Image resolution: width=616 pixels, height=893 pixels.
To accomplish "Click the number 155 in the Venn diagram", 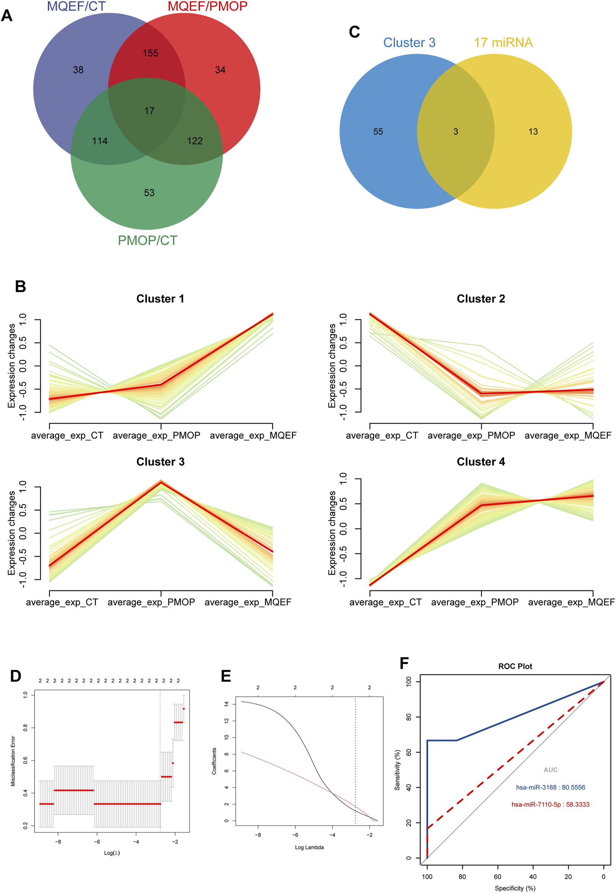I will [x=150, y=53].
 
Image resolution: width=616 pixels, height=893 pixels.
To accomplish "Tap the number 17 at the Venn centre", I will [x=149, y=111].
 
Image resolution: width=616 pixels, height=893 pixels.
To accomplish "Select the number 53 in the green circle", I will [x=149, y=193].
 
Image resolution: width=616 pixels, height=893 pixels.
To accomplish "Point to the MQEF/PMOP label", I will [x=207, y=6].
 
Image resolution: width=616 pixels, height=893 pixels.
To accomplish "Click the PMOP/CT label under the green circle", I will [x=148, y=241].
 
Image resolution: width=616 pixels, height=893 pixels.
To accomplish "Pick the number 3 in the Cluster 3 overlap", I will [x=456, y=132].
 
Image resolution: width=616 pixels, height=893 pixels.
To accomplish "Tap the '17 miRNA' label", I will [x=503, y=43].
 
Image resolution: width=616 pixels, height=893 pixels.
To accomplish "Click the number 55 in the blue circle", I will [x=378, y=132].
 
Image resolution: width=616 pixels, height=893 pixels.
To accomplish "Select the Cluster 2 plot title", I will [x=481, y=299].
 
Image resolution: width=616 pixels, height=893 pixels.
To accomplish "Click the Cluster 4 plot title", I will [x=481, y=462].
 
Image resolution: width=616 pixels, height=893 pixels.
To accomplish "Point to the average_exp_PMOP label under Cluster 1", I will [x=156, y=436].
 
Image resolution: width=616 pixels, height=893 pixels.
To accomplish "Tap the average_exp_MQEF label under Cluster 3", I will [x=248, y=602].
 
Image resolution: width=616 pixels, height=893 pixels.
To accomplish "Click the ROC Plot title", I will [x=515, y=667].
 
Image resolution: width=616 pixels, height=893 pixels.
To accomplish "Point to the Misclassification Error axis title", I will [x=13, y=761].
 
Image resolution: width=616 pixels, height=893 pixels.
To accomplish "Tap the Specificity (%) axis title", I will [x=515, y=888].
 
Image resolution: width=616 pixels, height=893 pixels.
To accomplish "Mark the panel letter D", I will [x=16, y=676].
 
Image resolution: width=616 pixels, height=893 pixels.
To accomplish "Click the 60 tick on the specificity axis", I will [x=498, y=877].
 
